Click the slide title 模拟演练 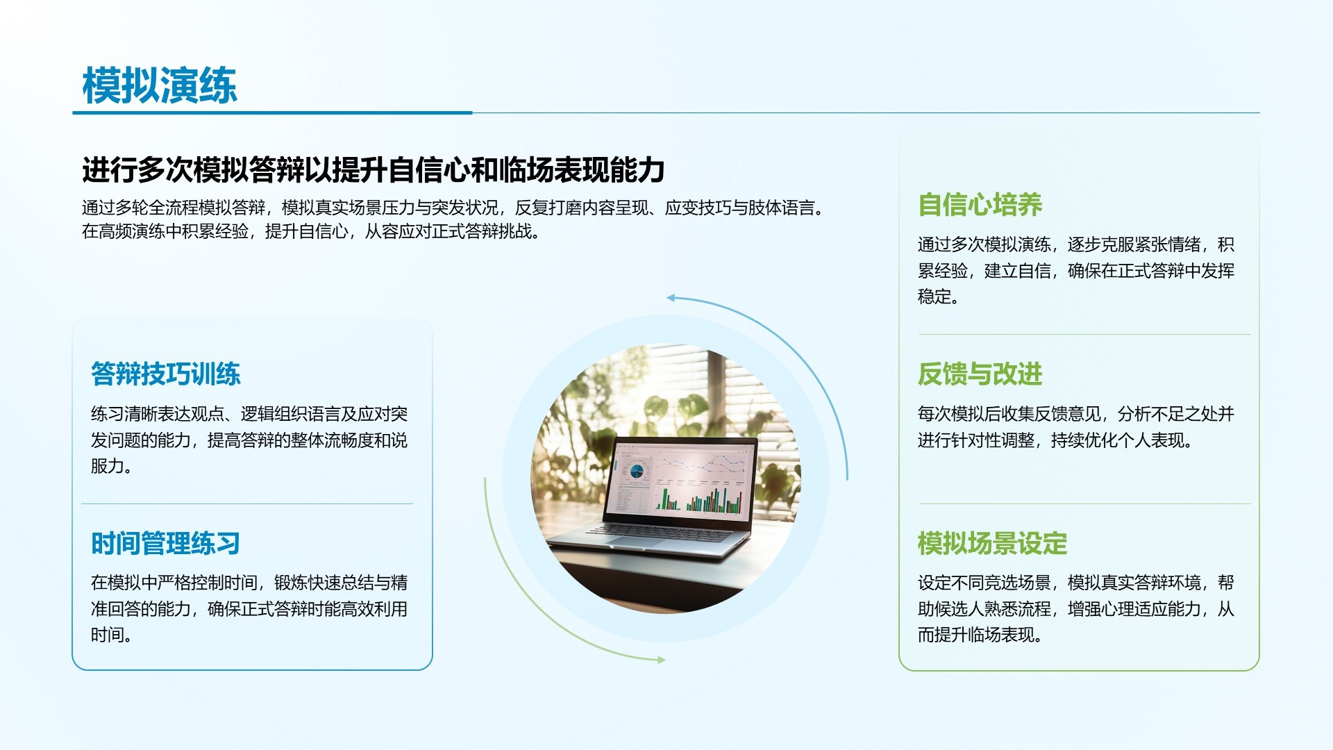[x=160, y=86]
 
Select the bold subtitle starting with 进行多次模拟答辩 [x=374, y=170]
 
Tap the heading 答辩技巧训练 [x=165, y=374]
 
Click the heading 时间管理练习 [x=165, y=543]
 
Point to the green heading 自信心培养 [x=980, y=205]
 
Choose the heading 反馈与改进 [x=980, y=374]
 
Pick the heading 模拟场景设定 [x=992, y=543]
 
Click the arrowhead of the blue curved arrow [x=671, y=298]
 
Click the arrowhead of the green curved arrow [x=661, y=660]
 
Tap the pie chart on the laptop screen [x=636, y=472]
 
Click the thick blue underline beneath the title [x=272, y=112]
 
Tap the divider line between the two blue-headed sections [x=247, y=503]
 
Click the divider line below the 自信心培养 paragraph [x=1084, y=335]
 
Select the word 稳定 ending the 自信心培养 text [x=934, y=297]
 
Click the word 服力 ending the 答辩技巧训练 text [x=108, y=466]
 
